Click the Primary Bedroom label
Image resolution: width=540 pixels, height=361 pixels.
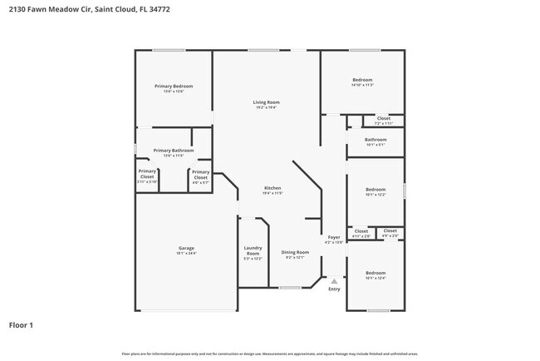point(174,87)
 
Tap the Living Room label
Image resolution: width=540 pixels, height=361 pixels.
point(267,102)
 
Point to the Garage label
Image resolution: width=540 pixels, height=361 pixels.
point(186,248)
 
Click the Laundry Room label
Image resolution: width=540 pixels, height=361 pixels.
point(253,250)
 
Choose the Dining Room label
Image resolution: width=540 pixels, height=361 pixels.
point(295,252)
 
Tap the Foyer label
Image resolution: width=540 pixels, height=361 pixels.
point(334,238)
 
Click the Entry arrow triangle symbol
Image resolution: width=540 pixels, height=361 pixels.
point(334,281)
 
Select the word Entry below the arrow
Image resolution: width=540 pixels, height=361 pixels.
point(334,289)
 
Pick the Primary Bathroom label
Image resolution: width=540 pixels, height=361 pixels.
point(174,151)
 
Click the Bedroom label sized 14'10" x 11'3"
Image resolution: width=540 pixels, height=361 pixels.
point(362,80)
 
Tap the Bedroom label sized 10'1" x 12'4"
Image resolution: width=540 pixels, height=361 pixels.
point(376,273)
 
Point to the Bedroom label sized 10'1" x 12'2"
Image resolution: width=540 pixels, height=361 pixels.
point(376,189)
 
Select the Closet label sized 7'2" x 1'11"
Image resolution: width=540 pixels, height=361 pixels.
point(383,119)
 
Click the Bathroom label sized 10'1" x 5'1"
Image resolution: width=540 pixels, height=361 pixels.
point(376,140)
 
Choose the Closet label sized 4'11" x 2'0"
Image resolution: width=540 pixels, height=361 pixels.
point(361,231)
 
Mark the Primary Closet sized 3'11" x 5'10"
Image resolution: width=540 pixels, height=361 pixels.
point(147,176)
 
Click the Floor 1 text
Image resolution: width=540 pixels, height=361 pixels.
point(21,325)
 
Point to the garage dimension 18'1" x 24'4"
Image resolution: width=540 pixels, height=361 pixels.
point(186,253)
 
